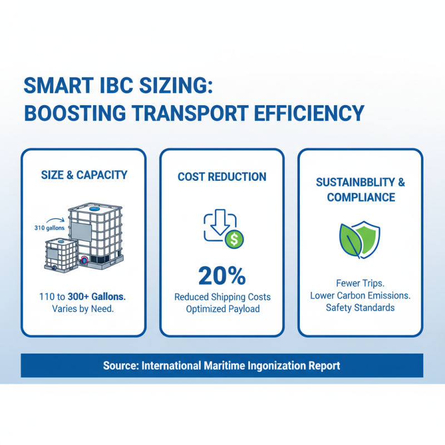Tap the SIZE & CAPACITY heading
click(x=84, y=175)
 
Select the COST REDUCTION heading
click(x=222, y=177)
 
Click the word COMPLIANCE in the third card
click(x=361, y=197)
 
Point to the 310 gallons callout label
click(x=49, y=228)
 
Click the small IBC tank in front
click(x=60, y=255)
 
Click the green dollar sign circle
click(x=234, y=239)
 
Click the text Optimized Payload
click(x=222, y=309)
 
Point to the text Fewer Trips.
click(x=360, y=283)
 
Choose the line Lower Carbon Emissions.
click(x=360, y=295)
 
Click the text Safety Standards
click(x=360, y=308)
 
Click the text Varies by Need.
click(x=83, y=309)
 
